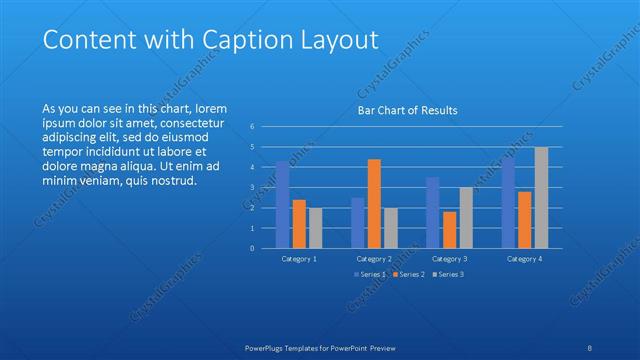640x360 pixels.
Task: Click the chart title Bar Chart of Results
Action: [408, 111]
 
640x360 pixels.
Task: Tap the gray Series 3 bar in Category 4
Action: [541, 197]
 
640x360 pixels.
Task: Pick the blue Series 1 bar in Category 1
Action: [283, 205]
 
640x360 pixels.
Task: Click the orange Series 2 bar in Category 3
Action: [449, 230]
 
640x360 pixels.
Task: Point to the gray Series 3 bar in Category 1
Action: [315, 228]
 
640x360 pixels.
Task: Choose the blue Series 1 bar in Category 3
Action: [432, 212]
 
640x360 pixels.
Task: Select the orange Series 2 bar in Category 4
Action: [524, 220]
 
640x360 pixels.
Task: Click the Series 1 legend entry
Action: [370, 274]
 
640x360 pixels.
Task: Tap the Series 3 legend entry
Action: [448, 274]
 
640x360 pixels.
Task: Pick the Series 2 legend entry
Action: [409, 274]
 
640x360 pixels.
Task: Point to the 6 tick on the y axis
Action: [252, 127]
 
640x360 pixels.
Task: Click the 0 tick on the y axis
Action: [252, 248]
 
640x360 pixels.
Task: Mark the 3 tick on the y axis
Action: [252, 188]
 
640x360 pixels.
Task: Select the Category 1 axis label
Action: [299, 258]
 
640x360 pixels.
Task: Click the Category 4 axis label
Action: [524, 258]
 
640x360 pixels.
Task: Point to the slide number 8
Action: [590, 347]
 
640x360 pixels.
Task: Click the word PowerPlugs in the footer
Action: [269, 347]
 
